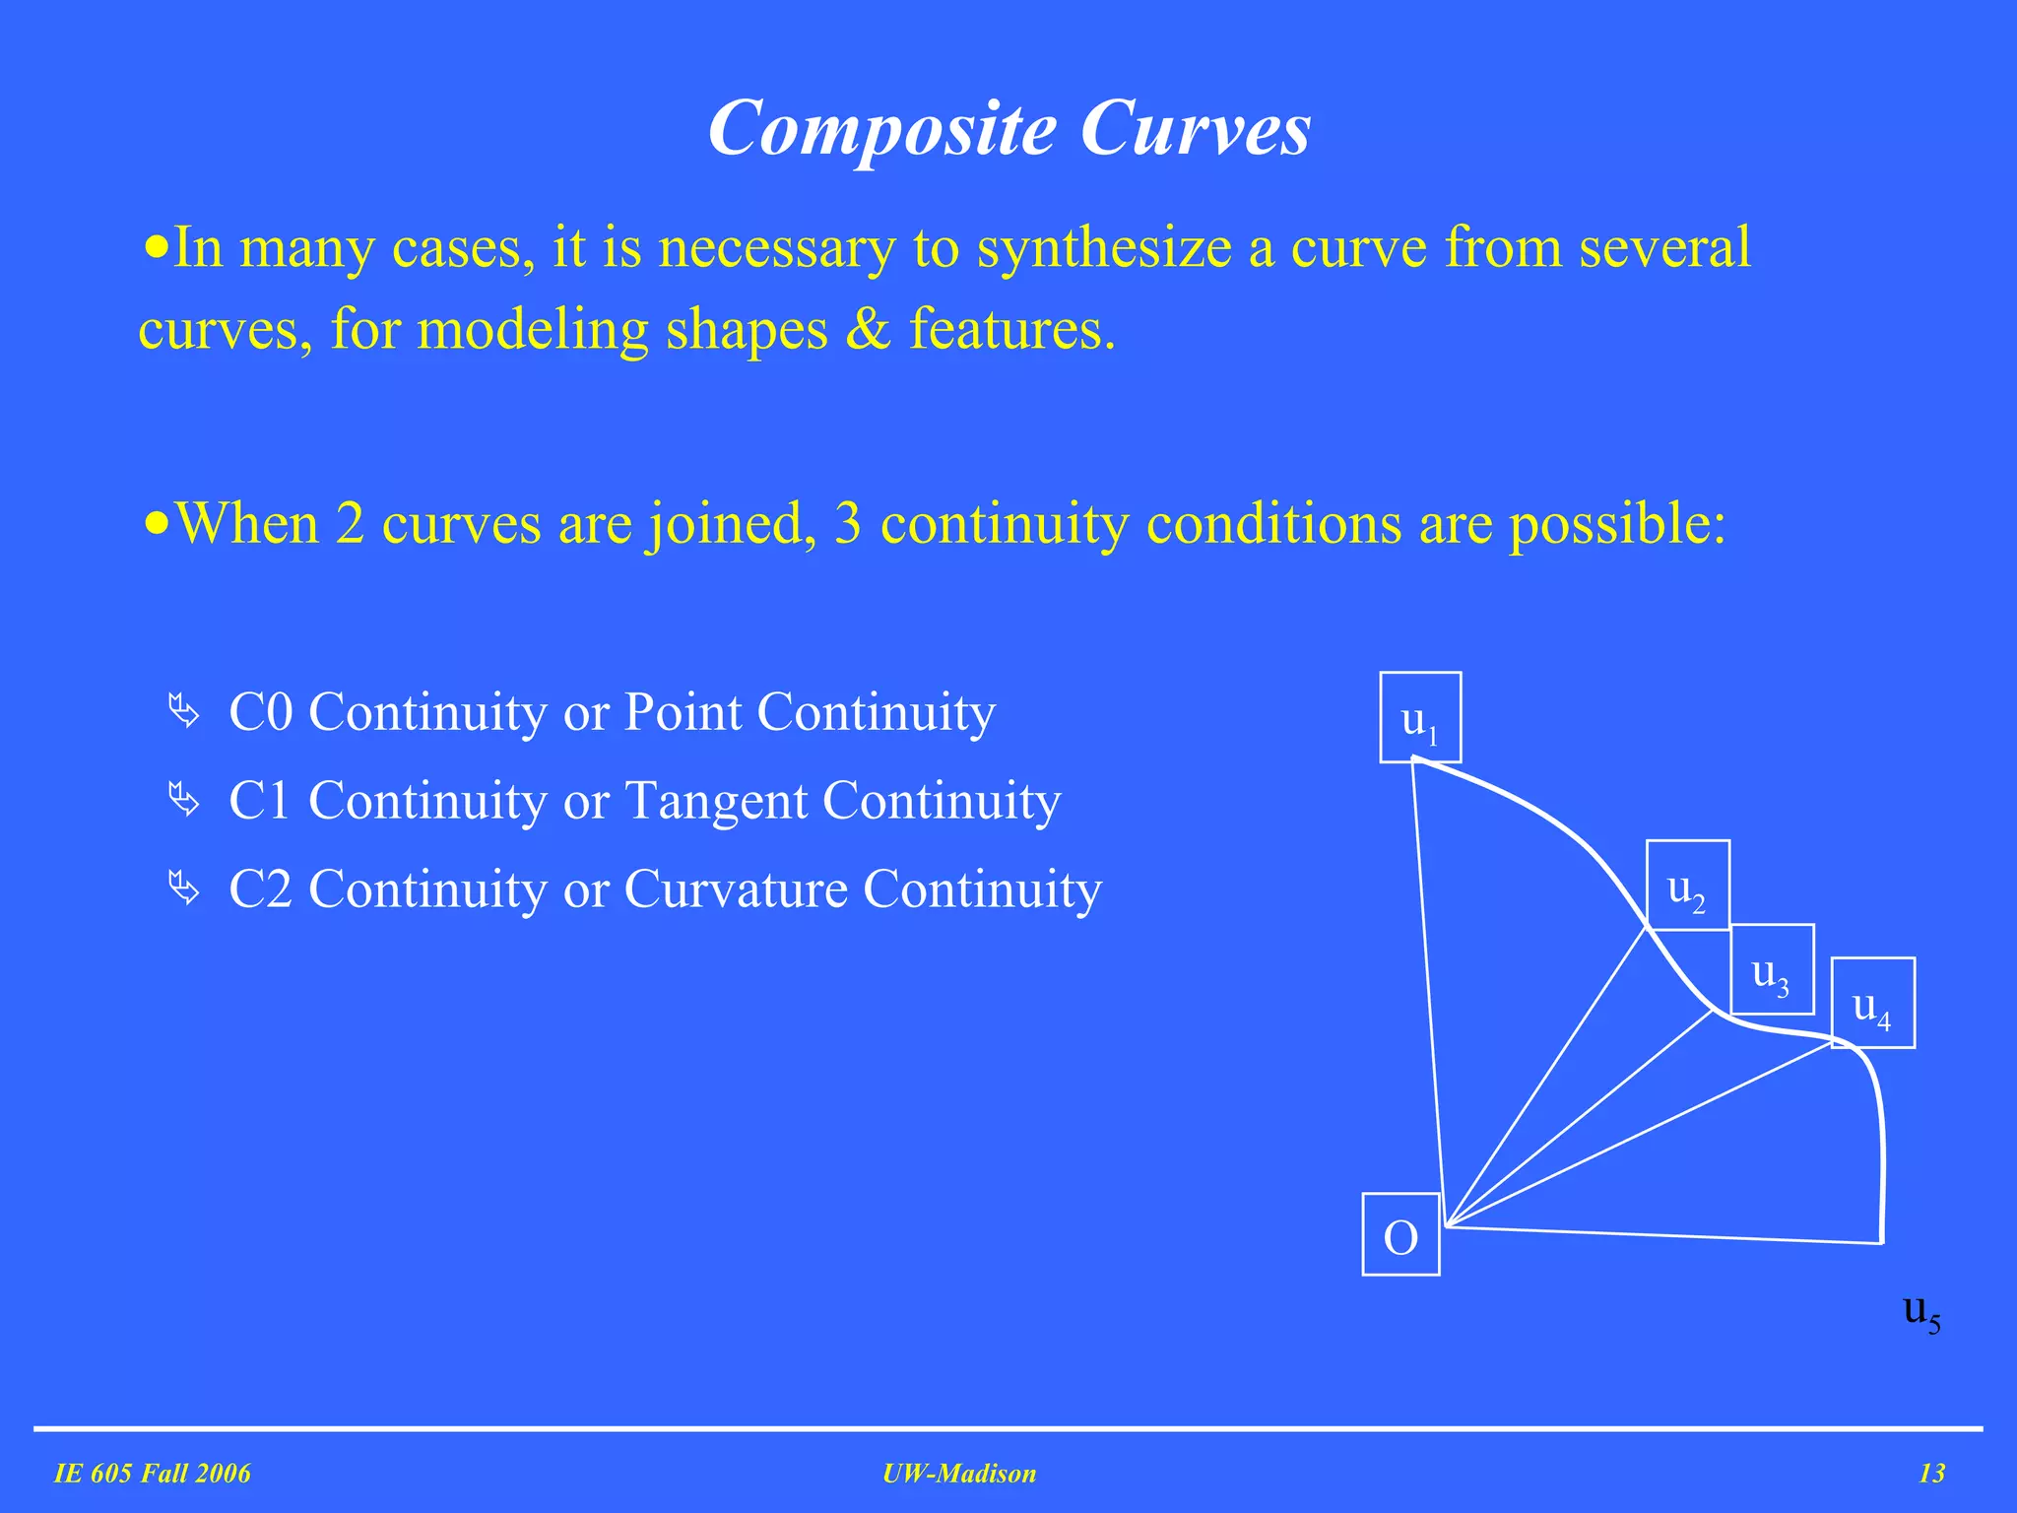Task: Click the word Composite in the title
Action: pos(881,129)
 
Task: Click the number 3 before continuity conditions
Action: pos(847,523)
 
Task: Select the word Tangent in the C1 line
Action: pos(715,800)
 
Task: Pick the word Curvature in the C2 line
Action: pos(735,888)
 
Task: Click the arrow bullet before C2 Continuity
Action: pos(184,888)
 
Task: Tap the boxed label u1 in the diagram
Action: pos(1419,718)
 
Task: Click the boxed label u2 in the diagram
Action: pos(1687,886)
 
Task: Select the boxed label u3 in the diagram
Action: pos(1771,970)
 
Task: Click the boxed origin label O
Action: pos(1400,1235)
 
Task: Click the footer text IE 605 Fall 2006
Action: pos(153,1474)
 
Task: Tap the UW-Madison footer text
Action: pos(959,1474)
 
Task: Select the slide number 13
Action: pos(1931,1474)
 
